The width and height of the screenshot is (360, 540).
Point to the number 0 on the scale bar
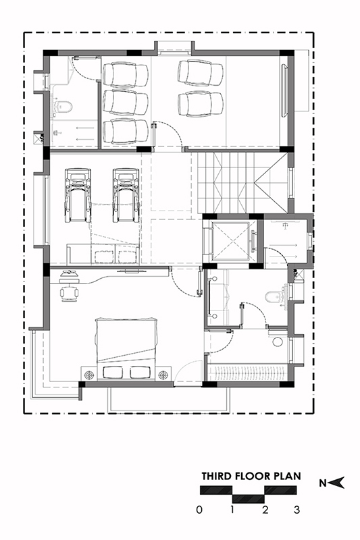click(199, 510)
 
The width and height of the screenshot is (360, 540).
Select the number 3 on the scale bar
click(297, 510)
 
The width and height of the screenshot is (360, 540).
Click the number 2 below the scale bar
click(265, 510)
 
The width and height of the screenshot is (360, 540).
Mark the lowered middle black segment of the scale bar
click(249, 498)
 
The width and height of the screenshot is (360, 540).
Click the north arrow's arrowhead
click(338, 483)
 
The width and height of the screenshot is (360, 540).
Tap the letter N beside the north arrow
click(322, 483)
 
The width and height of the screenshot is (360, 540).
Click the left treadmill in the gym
click(78, 195)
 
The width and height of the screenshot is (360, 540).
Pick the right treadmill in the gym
click(126, 195)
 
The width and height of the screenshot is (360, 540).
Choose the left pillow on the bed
click(113, 373)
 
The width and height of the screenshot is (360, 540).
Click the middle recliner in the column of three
click(126, 103)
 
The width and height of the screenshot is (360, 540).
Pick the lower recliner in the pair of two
click(201, 103)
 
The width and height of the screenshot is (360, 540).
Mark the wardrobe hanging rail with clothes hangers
click(248, 373)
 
